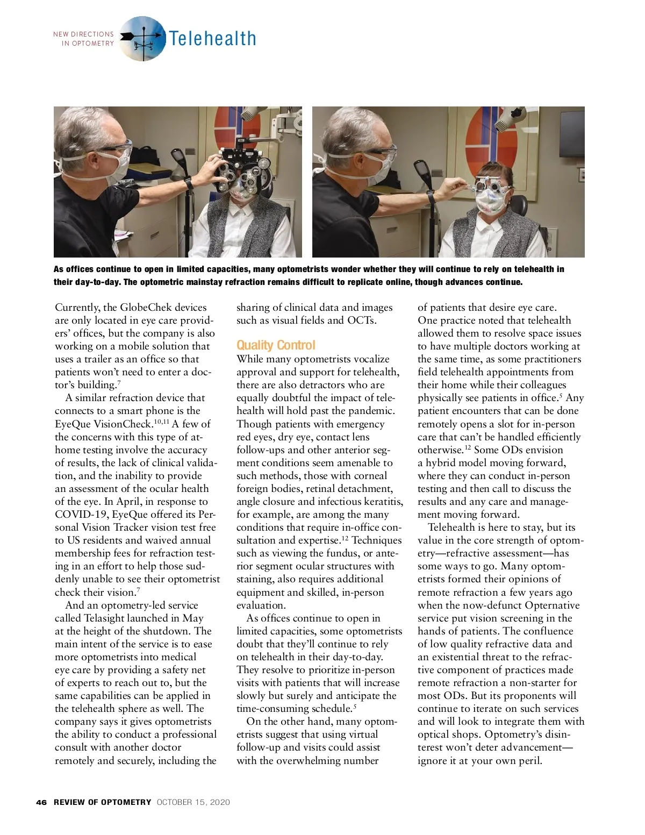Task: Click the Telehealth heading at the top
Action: point(212,39)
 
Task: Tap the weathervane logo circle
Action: point(142,38)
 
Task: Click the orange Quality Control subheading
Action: point(276,345)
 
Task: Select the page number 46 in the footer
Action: point(41,802)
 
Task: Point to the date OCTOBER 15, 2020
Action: point(193,802)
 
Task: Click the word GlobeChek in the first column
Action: point(147,308)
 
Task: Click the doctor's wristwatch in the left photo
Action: point(189,183)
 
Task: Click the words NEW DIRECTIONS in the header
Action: point(83,34)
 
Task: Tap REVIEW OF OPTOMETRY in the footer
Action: point(103,802)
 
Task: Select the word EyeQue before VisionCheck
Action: point(73,424)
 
